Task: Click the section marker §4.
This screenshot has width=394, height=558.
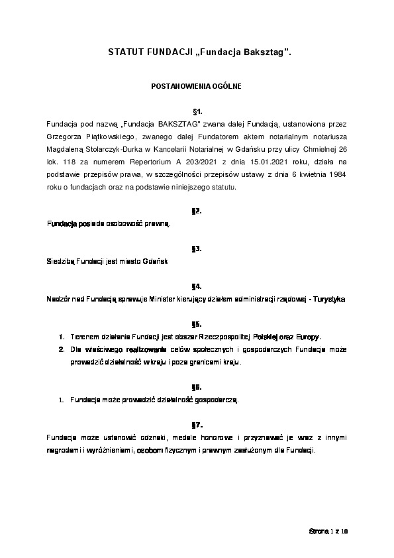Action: tap(197, 286)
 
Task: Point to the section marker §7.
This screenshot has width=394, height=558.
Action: tap(197, 425)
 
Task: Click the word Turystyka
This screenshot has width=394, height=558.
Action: tap(329, 300)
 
